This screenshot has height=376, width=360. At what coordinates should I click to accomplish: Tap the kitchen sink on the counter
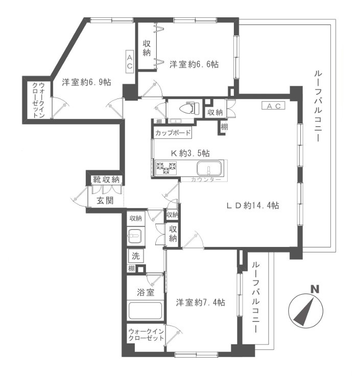pyautogui.click(x=208, y=168)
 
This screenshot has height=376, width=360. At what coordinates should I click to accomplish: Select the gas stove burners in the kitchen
pyautogui.click(x=166, y=168)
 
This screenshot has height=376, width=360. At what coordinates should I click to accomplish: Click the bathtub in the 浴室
pyautogui.click(x=145, y=310)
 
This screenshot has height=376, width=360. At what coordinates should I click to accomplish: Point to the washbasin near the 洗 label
pyautogui.click(x=135, y=236)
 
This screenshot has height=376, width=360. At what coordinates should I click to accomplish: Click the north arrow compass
pyautogui.click(x=307, y=311)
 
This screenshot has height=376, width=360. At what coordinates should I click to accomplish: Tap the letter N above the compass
pyautogui.click(x=316, y=289)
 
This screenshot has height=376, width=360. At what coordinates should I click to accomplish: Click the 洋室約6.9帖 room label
pyautogui.click(x=87, y=82)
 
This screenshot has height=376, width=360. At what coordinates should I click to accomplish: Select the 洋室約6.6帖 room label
pyautogui.click(x=195, y=64)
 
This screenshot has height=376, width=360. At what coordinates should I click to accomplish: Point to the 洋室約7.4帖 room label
pyautogui.click(x=200, y=302)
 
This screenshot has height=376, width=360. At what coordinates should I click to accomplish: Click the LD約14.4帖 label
pyautogui.click(x=253, y=205)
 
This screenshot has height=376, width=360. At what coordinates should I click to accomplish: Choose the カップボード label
pyautogui.click(x=173, y=133)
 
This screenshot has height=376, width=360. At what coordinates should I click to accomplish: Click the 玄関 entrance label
pyautogui.click(x=105, y=200)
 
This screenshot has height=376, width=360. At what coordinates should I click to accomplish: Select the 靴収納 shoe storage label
pyautogui.click(x=106, y=180)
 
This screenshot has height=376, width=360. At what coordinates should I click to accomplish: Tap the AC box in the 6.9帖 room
pyautogui.click(x=130, y=61)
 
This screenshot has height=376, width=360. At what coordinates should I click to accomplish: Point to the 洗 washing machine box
pyautogui.click(x=135, y=257)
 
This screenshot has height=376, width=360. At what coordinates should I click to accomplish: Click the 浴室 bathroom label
pyautogui.click(x=146, y=292)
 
